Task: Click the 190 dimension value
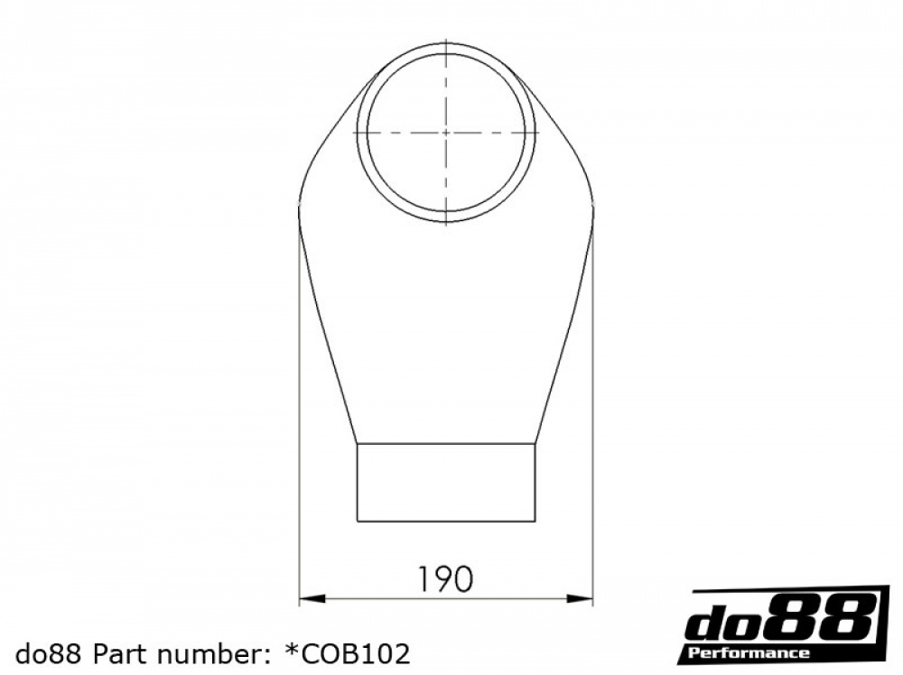pyautogui.click(x=444, y=579)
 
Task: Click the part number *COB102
pyautogui.click(x=348, y=653)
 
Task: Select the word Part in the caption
pyautogui.click(x=115, y=653)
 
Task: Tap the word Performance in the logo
pyautogui.click(x=749, y=652)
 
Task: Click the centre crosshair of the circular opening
pyautogui.click(x=446, y=133)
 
